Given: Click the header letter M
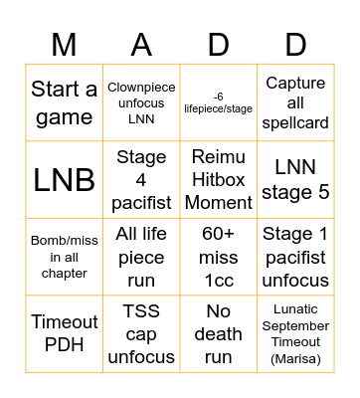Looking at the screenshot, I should pyautogui.click(x=65, y=43).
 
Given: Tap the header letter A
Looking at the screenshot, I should pyautogui.click(x=141, y=43).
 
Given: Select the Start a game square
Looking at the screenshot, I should pyautogui.click(x=65, y=103).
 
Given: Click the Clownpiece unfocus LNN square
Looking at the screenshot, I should pyautogui.click(x=141, y=103).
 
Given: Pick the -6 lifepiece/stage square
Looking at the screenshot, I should pyautogui.click(x=219, y=103).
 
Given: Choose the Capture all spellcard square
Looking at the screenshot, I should pyautogui.click(x=295, y=103).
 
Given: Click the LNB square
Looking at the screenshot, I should pyautogui.click(x=65, y=180).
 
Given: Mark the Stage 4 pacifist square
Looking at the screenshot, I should pyautogui.click(x=141, y=180).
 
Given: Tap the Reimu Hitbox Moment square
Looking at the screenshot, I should pyautogui.click(x=219, y=180).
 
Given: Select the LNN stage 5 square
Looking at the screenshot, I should pyautogui.click(x=295, y=180).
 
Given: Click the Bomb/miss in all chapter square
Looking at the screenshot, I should pyautogui.click(x=65, y=257).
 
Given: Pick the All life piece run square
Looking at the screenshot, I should pyautogui.click(x=141, y=257).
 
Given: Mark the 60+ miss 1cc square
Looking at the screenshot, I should pyautogui.click(x=219, y=257).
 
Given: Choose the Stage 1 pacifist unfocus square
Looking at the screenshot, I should pyautogui.click(x=295, y=257).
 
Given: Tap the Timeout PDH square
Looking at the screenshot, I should pyautogui.click(x=65, y=334).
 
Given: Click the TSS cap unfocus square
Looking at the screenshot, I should pyautogui.click(x=141, y=334).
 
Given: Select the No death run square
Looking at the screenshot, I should pyautogui.click(x=219, y=334).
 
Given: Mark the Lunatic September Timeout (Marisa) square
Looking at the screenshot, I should pyautogui.click(x=295, y=334).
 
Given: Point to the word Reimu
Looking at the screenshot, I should pyautogui.click(x=219, y=157).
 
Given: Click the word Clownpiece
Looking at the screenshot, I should pyautogui.click(x=141, y=88).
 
